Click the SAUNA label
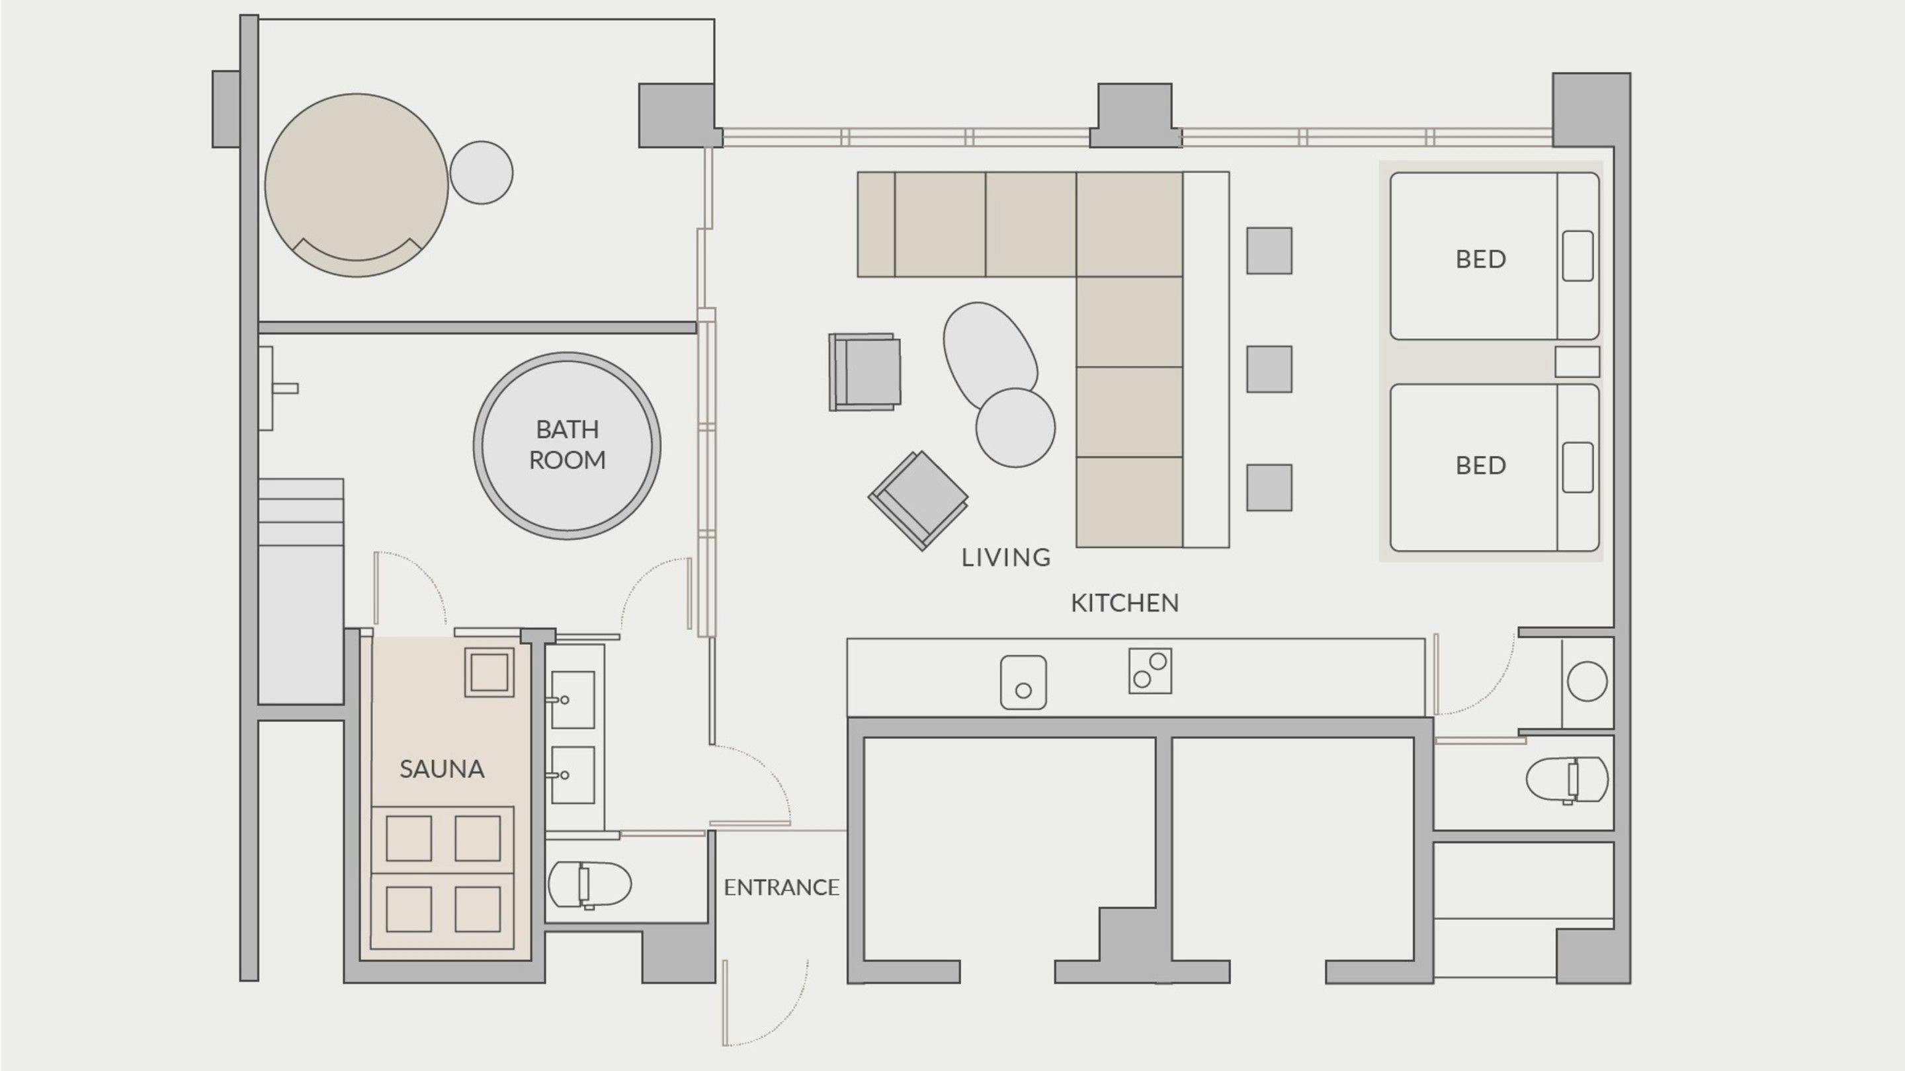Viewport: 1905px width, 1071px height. [x=441, y=770]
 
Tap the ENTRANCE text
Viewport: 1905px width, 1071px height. [x=781, y=887]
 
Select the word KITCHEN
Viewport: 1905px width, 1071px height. [x=1124, y=603]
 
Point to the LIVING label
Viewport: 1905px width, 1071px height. [x=1005, y=557]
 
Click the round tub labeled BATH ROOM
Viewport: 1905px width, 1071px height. [x=568, y=446]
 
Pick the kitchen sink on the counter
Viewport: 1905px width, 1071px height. [x=1023, y=682]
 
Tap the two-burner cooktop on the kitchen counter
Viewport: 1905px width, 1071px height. [x=1150, y=670]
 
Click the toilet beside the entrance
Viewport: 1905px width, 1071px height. [x=589, y=885]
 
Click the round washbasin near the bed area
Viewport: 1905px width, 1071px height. [x=1587, y=681]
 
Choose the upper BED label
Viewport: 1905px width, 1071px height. [x=1480, y=259]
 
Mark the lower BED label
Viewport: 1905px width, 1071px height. [x=1480, y=465]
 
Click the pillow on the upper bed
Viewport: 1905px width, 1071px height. [x=1578, y=256]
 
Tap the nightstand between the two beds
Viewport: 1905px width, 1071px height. [x=1577, y=362]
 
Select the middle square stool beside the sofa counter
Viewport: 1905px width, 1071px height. [x=1269, y=369]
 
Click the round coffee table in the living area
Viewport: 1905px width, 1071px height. [x=1015, y=428]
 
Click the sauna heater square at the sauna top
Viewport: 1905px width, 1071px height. [x=489, y=672]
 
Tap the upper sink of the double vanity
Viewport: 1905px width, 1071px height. [x=571, y=699]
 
